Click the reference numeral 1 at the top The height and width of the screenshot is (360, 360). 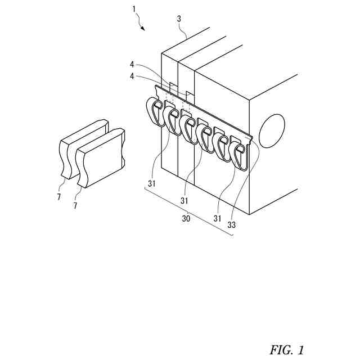click(133, 9)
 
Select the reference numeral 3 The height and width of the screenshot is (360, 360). click(179, 19)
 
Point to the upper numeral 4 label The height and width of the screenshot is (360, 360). click(131, 64)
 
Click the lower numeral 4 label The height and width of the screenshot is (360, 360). click(131, 76)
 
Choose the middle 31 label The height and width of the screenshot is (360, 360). click(185, 200)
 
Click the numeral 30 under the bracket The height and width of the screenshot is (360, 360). click(185, 219)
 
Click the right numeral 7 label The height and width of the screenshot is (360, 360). click(75, 207)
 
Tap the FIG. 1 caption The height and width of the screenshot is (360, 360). click(286, 350)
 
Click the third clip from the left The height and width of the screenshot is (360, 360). click(190, 128)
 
